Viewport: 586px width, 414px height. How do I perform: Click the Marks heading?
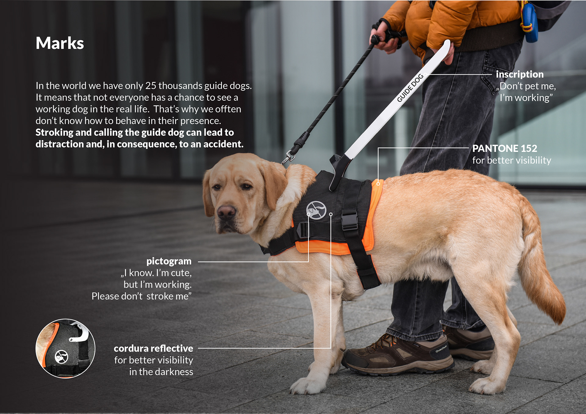(x=60, y=43)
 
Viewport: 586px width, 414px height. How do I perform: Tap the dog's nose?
(x=226, y=211)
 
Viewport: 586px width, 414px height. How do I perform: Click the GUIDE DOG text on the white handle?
(x=410, y=88)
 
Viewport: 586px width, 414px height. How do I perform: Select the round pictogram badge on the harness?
(x=316, y=210)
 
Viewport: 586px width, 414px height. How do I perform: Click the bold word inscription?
(x=519, y=74)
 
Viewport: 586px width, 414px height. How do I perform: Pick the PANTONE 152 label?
(x=505, y=148)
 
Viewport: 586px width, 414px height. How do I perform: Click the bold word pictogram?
(x=169, y=261)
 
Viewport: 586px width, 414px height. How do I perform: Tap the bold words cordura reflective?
(x=153, y=348)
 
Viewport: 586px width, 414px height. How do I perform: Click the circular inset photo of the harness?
(x=65, y=348)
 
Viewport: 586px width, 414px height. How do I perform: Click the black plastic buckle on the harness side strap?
(x=349, y=221)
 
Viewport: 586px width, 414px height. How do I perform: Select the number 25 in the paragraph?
(x=150, y=86)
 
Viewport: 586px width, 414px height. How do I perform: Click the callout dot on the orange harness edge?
(x=378, y=184)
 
